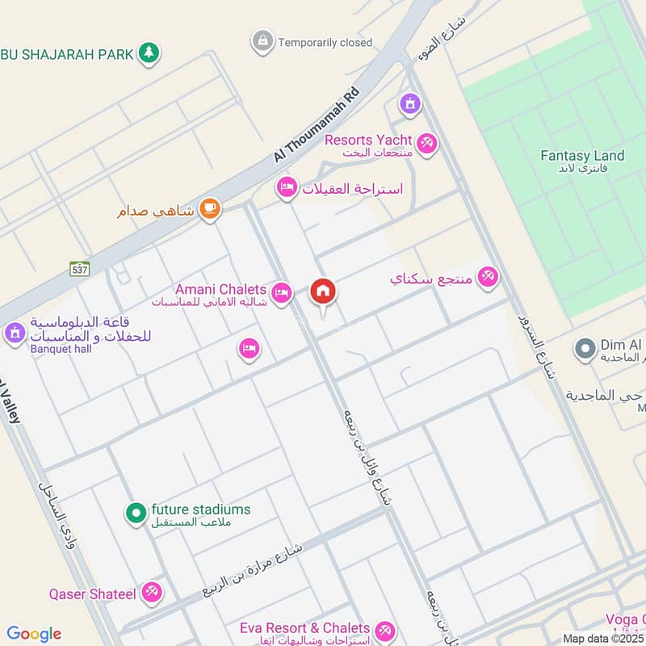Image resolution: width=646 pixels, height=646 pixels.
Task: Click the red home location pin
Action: coord(323,293)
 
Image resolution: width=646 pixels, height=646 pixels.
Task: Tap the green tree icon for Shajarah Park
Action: coord(148,53)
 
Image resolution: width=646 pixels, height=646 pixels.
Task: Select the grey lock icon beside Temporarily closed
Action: coord(262,40)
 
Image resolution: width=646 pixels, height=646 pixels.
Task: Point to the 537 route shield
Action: coord(79,269)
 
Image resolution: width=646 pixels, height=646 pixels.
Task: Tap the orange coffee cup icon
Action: coord(210,208)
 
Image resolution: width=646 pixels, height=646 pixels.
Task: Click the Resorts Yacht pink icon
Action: coord(427,144)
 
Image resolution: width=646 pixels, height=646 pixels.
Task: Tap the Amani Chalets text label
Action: coord(220,289)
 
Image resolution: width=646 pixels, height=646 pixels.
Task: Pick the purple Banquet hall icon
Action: coord(14,332)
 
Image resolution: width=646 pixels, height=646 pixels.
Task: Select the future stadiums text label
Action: coord(200,510)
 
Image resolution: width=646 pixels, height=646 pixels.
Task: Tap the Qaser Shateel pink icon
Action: coord(150,593)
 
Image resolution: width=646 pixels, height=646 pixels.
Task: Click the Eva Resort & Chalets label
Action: coord(304,628)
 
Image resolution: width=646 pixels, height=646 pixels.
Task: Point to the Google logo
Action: coord(34,634)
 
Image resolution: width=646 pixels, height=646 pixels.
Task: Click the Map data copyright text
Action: coord(602,639)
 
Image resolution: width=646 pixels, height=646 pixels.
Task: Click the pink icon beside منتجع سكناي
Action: coord(487,278)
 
